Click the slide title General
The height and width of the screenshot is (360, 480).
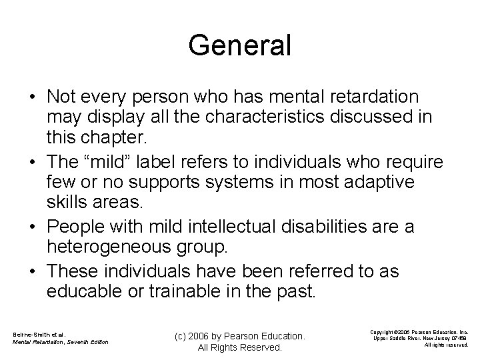240,45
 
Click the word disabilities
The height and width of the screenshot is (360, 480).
328,226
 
